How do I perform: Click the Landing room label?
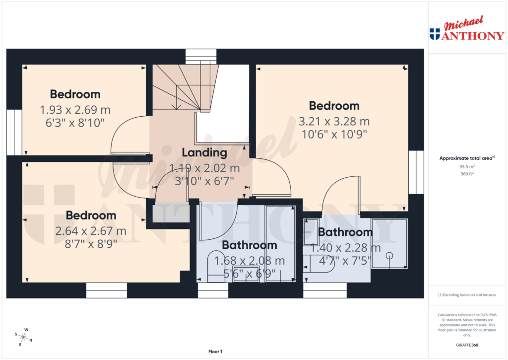click(204, 152)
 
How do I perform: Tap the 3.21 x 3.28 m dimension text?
click(334, 121)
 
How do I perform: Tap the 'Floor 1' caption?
click(215, 352)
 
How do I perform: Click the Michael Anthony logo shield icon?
click(435, 34)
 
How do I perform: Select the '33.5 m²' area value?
click(466, 167)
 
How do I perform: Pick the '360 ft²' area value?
click(466, 174)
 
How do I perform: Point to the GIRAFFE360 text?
click(466, 345)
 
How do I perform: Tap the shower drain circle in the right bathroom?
click(389, 255)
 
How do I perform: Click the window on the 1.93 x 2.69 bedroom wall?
click(14, 132)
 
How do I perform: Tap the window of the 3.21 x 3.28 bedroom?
click(416, 172)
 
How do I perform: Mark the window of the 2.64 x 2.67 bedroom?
click(106, 290)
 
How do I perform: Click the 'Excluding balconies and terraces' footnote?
click(466, 295)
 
